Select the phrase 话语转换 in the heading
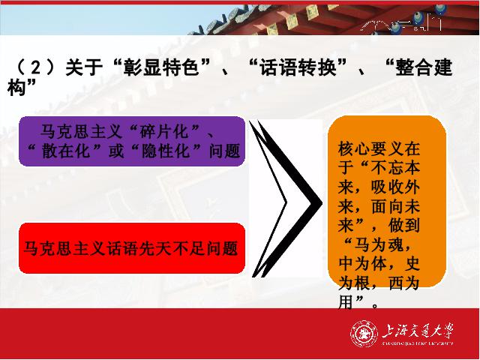coord(298,67)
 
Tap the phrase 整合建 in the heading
coord(424,67)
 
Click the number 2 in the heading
coord(36,68)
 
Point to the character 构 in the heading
coord(16,88)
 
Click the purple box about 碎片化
coord(132,141)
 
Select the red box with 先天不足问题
coord(132,248)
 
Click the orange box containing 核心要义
coord(387,202)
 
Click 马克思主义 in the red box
coord(64,248)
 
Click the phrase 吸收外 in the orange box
coord(395,187)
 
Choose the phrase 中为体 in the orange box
coord(361,263)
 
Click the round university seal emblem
coord(364,333)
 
